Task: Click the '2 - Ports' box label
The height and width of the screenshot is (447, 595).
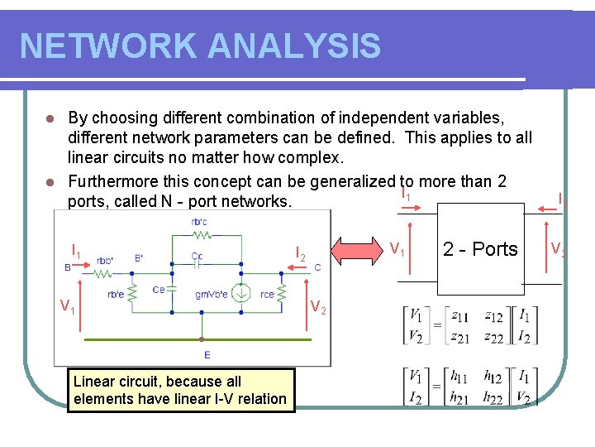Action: (x=480, y=249)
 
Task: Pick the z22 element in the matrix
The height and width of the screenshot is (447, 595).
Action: (x=494, y=335)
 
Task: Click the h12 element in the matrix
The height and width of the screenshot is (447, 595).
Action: (x=494, y=377)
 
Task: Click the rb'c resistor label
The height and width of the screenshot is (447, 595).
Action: (x=199, y=221)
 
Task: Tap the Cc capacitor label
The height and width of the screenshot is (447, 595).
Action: (x=197, y=257)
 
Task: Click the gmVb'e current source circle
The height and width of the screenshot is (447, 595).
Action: (x=241, y=293)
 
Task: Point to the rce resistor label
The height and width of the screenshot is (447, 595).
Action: (x=267, y=294)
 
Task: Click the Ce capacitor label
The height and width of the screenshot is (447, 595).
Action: (x=159, y=289)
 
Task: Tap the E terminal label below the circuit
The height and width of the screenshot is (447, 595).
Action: (x=207, y=355)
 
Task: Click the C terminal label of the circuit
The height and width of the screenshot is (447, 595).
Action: (x=317, y=267)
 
